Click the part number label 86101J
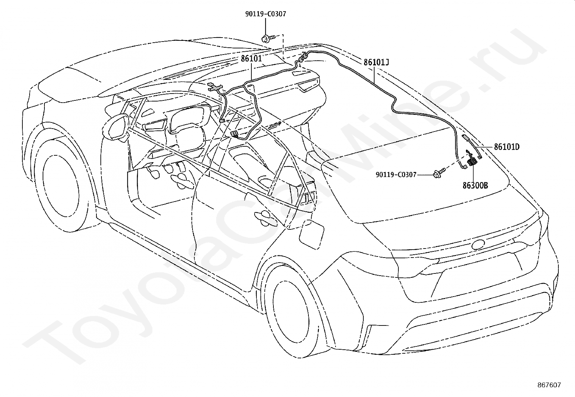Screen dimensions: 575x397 376,62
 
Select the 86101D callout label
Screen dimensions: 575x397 507,147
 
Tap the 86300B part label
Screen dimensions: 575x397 475,185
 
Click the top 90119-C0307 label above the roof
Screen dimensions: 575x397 266,14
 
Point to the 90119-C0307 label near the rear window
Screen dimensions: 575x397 396,175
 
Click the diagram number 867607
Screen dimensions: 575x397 549,385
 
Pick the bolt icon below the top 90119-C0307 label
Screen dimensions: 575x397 268,39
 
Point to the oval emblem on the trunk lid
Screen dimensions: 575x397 478,245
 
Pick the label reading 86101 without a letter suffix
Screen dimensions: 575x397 251,59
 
